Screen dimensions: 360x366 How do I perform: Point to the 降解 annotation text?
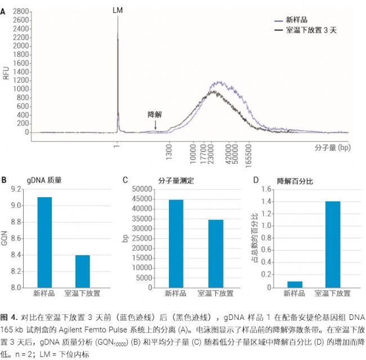154,114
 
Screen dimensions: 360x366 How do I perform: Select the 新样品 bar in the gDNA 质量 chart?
45,242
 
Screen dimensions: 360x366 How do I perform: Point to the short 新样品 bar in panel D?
295,284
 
